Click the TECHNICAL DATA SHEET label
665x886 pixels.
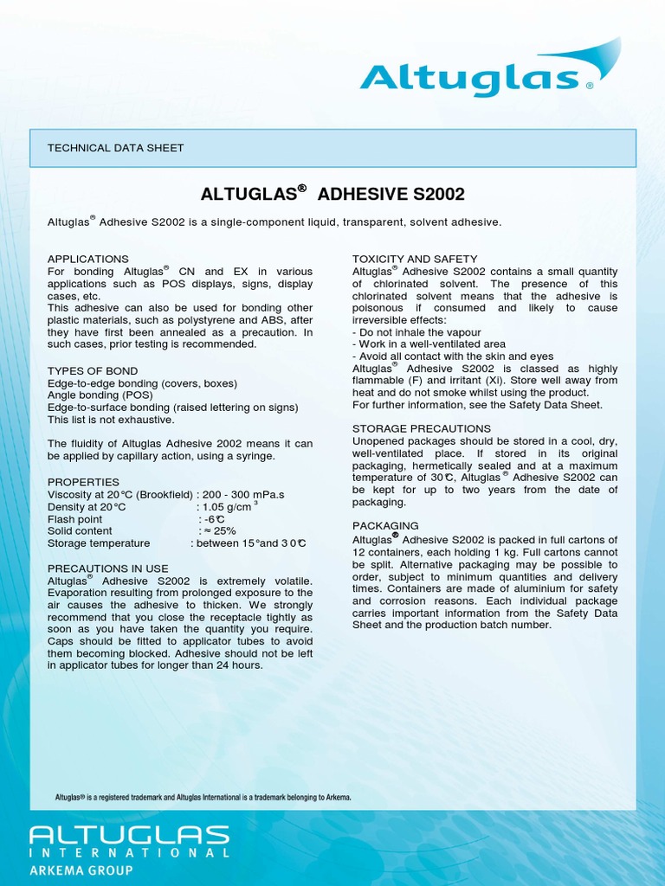coord(115,148)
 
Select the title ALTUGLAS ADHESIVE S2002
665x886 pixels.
coord(332,193)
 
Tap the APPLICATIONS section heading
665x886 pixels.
coord(87,259)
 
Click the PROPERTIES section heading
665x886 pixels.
coord(83,482)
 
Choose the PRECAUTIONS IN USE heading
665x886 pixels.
coord(107,568)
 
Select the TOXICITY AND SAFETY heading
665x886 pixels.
coord(415,259)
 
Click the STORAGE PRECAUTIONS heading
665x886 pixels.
coord(422,428)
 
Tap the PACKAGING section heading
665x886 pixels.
coord(385,525)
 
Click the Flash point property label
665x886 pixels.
coord(74,519)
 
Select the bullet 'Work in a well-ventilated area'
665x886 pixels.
coord(429,344)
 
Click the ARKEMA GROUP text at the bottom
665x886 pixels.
coord(81,870)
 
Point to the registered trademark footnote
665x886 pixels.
coord(203,797)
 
